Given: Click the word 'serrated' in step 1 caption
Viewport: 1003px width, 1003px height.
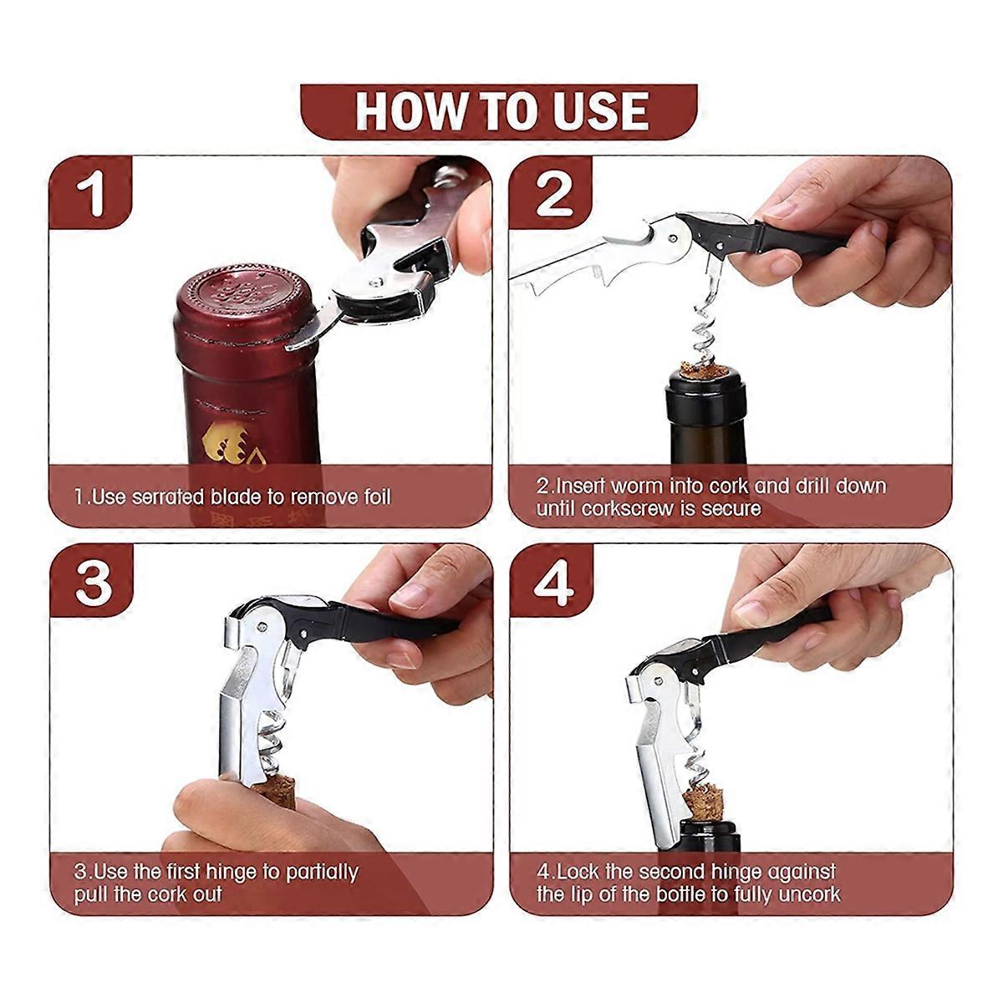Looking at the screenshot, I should (171, 497).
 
